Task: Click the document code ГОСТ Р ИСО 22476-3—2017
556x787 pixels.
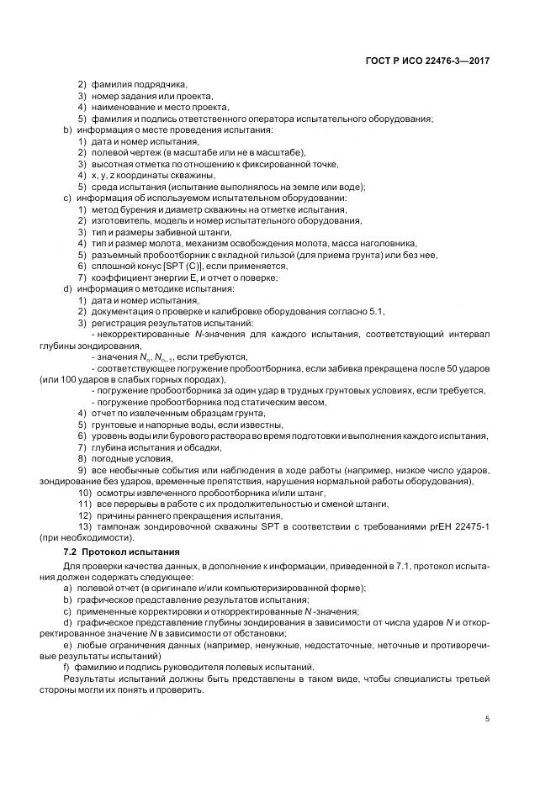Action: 429,61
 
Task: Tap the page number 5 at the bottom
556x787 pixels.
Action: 488,719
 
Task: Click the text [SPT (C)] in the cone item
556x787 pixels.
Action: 172,267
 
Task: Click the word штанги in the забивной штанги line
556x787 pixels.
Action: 214,232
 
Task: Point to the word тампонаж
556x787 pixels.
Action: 118,526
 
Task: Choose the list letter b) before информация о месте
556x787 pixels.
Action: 67,130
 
